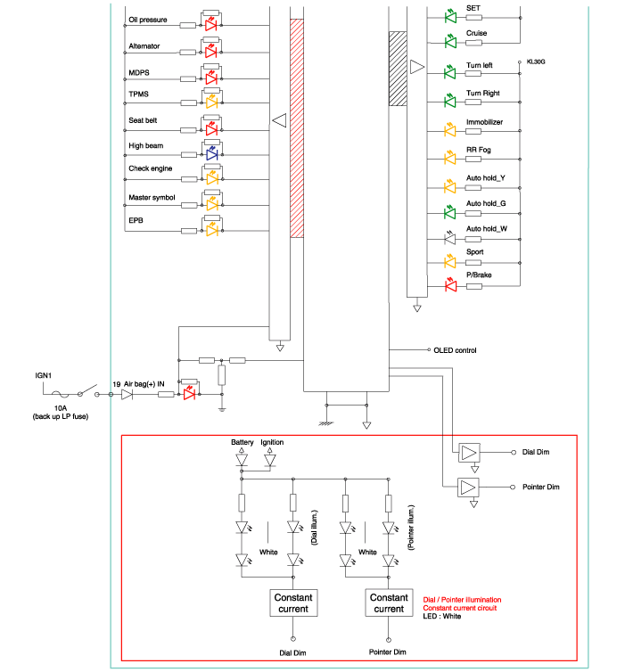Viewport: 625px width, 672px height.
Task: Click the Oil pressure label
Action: [148, 18]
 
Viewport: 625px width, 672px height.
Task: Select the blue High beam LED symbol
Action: [211, 153]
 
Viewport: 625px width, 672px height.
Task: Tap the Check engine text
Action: [151, 168]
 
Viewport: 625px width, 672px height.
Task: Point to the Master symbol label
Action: [152, 197]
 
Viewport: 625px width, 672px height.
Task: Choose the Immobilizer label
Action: [485, 121]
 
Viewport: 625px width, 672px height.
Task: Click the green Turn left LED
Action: [450, 71]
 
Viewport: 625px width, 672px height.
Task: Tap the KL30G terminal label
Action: [536, 61]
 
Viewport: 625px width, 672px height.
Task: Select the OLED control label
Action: [455, 350]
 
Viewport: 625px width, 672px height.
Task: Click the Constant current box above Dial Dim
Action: [292, 602]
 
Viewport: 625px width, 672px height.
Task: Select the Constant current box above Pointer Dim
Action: [389, 602]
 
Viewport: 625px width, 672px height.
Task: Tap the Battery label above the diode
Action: [243, 442]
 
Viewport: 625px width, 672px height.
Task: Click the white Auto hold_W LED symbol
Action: [450, 238]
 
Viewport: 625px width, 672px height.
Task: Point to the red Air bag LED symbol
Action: [189, 394]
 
